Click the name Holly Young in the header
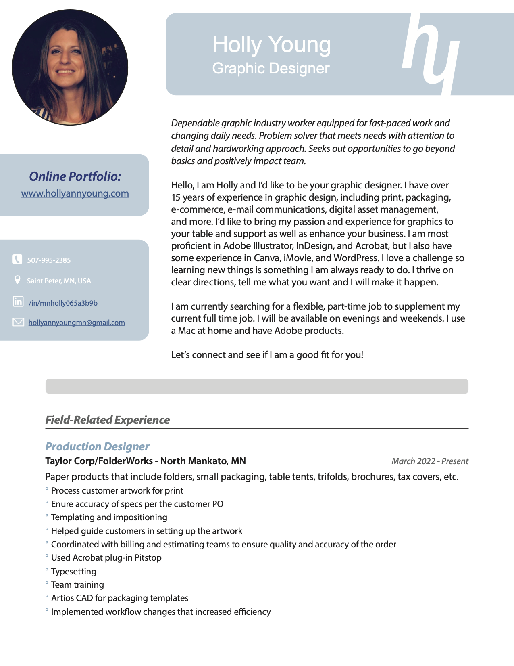tap(271, 44)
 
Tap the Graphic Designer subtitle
tap(271, 68)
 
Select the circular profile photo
tap(70, 67)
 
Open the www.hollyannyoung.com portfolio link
tap(75, 193)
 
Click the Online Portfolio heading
tap(75, 176)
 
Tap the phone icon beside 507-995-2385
tap(17, 259)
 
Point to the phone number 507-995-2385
tap(49, 260)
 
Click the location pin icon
tap(17, 280)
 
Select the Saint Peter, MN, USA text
tap(59, 281)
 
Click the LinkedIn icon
tap(18, 301)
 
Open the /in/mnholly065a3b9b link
tap(63, 303)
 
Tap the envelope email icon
tap(18, 322)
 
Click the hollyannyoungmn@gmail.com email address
tap(77, 323)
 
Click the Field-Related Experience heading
tap(107, 420)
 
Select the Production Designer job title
tap(97, 446)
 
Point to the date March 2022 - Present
tap(430, 461)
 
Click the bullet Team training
tap(77, 585)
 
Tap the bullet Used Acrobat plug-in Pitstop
tap(106, 558)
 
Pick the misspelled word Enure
tap(62, 504)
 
